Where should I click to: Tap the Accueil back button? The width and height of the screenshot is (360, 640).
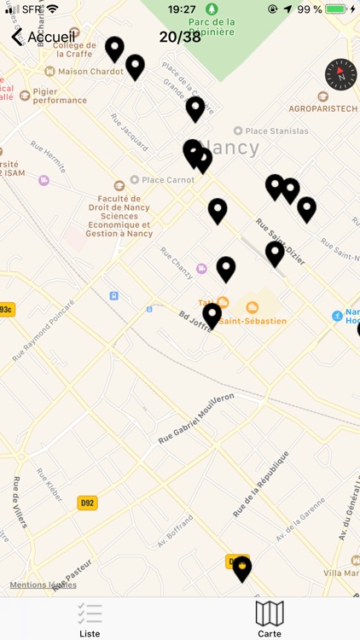click(x=43, y=37)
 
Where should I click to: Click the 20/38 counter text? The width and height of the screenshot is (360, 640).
click(x=180, y=37)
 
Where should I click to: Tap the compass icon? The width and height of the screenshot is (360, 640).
click(x=340, y=75)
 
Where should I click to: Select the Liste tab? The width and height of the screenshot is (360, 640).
click(x=90, y=620)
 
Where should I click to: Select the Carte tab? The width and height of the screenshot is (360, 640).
click(x=270, y=620)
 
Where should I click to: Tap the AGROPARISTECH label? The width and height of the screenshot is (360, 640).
click(x=322, y=108)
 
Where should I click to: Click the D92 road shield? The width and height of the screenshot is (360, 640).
click(x=87, y=503)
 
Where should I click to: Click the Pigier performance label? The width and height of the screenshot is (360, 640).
click(x=61, y=96)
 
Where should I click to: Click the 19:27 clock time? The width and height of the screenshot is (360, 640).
click(x=182, y=9)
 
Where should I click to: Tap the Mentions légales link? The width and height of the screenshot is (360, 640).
click(x=43, y=585)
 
